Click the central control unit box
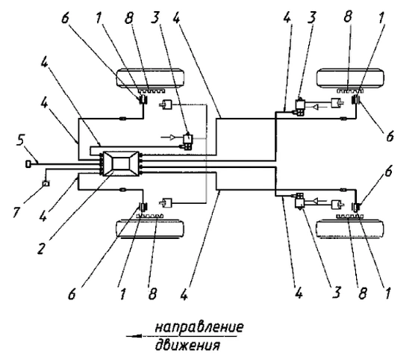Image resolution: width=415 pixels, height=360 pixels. tap(121, 164)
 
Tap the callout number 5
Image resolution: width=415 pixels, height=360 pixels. tap(21, 140)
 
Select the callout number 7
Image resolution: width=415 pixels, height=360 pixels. tap(16, 212)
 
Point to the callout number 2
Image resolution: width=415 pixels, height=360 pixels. tap(40, 248)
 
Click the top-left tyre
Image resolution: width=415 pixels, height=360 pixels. tap(150, 78)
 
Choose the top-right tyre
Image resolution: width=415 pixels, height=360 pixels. tap(350, 78)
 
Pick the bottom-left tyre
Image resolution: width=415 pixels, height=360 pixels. tap(150, 229)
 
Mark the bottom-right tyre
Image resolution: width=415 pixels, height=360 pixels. tap(350, 229)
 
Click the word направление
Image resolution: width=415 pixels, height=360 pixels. tap(199, 327)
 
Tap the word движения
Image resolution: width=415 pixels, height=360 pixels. tap(187, 346)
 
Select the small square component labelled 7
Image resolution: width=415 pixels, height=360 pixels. tap(46, 183)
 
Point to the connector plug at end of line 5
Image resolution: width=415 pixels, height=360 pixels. tap(28, 164)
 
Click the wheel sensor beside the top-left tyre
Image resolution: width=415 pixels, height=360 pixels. tap(143, 99)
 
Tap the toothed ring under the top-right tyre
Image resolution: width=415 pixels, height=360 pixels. tap(350, 91)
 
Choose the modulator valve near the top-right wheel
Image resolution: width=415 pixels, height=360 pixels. tap(300, 106)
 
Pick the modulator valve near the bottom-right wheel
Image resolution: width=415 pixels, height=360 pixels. tap(300, 202)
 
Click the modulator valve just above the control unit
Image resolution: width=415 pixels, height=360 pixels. tap(187, 141)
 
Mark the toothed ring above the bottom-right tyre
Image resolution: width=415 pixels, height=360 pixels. tap(349, 217)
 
